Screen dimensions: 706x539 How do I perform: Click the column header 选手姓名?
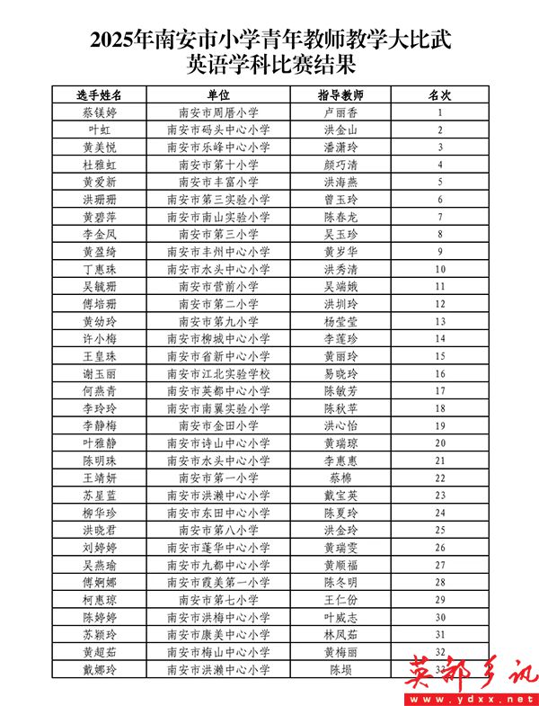pos(100,94)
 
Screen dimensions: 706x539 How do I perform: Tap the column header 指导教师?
pos(340,94)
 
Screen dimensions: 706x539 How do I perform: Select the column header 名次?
pos(440,94)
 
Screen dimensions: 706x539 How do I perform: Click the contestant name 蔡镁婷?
pos(100,112)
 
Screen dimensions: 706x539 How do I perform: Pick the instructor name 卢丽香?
pos(340,112)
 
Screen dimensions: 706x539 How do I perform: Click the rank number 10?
pos(440,269)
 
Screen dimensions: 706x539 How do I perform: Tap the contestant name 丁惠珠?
pos(100,269)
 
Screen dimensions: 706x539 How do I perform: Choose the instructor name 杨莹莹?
pos(340,321)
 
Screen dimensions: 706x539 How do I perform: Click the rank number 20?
pos(440,442)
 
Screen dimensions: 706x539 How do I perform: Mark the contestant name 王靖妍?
pos(100,478)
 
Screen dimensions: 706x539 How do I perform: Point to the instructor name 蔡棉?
pos(340,478)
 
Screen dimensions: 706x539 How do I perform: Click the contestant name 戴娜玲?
pos(100,669)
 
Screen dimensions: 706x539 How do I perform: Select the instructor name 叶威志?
pos(340,617)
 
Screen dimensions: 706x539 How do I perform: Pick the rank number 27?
pos(440,565)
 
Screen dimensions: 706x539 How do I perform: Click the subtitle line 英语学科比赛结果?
pos(269,63)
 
